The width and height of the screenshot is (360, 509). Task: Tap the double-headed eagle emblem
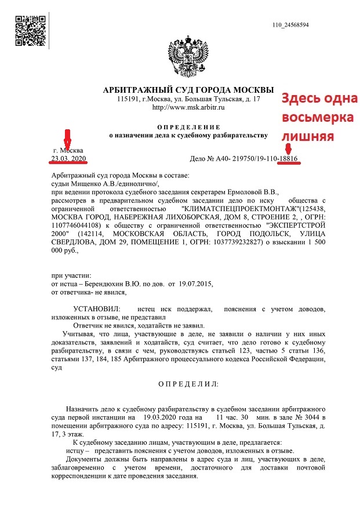[187, 60]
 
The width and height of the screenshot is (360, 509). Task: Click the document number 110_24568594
[290, 25]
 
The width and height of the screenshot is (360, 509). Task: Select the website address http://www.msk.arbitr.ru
[188, 107]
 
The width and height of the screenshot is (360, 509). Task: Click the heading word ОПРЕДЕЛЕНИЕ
[189, 126]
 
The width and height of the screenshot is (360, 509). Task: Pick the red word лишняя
[307, 137]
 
